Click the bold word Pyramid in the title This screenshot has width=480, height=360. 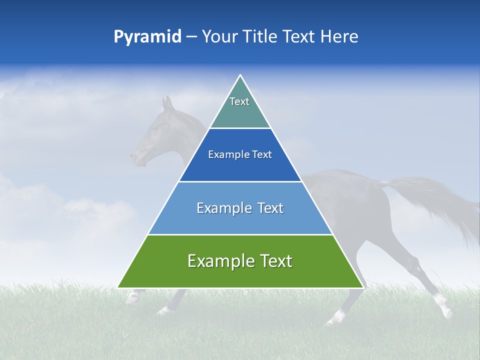[x=147, y=37]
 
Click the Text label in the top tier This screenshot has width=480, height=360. [x=239, y=101]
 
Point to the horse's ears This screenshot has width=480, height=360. [x=167, y=103]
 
